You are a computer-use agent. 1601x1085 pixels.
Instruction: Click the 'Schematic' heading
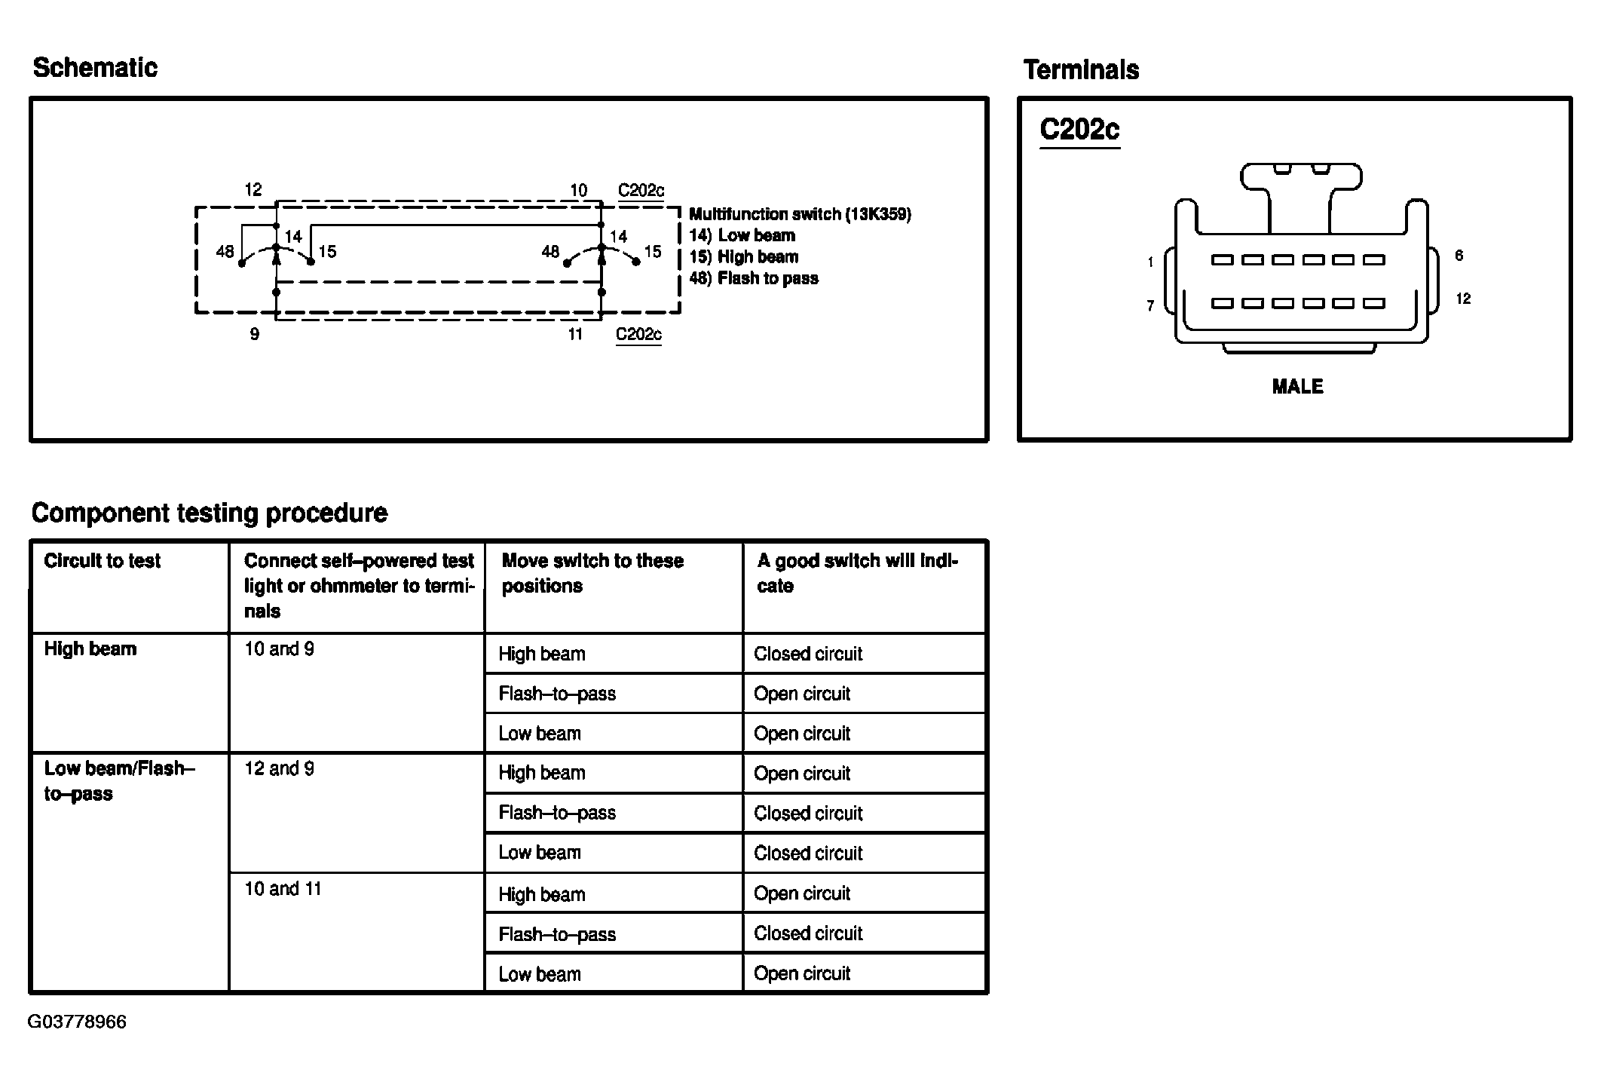click(95, 68)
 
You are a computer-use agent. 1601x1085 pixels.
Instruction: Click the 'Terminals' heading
click(1081, 70)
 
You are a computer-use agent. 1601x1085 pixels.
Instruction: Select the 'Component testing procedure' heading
click(210, 513)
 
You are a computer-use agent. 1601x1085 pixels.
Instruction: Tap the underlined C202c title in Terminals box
click(1079, 130)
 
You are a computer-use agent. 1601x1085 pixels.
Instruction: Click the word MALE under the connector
click(1297, 387)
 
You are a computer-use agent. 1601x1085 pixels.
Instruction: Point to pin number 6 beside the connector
click(1459, 256)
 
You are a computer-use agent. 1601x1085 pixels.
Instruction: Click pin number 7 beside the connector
click(1150, 305)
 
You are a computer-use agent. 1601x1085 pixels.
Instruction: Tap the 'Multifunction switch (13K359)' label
click(800, 214)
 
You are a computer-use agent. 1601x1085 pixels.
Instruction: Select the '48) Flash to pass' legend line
click(753, 278)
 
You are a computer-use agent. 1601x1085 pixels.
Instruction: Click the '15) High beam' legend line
click(743, 257)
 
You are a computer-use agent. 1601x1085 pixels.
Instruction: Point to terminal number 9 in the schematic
click(255, 334)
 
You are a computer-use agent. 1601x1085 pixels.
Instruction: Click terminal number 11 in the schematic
click(575, 334)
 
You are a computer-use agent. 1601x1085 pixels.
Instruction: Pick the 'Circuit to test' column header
click(103, 561)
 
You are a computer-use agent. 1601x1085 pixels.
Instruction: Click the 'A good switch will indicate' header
click(857, 573)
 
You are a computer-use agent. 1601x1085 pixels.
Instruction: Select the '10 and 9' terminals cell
click(279, 649)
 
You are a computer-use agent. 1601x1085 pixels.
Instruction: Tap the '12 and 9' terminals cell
click(279, 768)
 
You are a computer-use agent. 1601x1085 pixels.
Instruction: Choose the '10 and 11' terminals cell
click(283, 889)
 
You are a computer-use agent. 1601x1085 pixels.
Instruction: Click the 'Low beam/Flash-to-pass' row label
click(119, 780)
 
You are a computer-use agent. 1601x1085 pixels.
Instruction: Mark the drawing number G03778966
click(77, 1022)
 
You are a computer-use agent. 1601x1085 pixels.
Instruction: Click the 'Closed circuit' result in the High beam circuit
click(807, 654)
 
